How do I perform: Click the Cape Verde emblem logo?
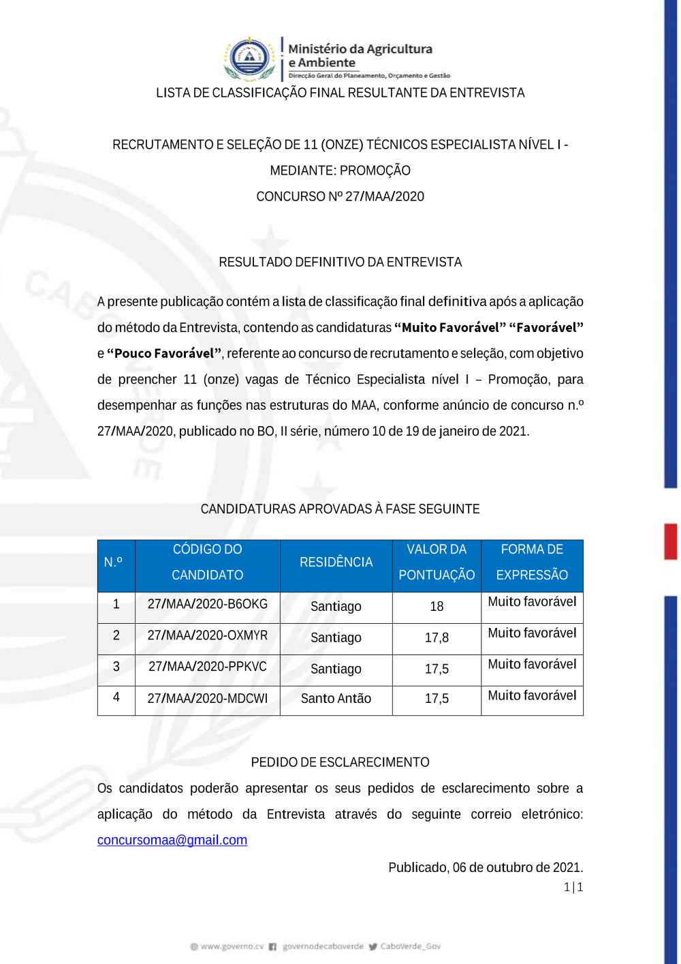click(249, 58)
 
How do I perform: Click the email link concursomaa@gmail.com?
click(172, 840)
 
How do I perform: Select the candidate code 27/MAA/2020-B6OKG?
click(208, 604)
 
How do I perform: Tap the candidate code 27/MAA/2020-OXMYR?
click(208, 635)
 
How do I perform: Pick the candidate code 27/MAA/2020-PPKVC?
click(208, 667)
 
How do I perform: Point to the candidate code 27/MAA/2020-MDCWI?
click(208, 698)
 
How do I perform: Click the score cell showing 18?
click(437, 606)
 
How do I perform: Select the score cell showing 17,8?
click(437, 637)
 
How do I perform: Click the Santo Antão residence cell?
click(336, 698)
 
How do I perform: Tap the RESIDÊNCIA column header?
click(336, 562)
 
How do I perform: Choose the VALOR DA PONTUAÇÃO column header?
click(437, 562)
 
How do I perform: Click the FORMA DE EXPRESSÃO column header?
click(532, 562)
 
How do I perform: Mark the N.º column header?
click(113, 562)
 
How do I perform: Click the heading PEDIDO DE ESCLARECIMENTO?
click(340, 762)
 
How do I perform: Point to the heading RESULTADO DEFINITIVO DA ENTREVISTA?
click(340, 262)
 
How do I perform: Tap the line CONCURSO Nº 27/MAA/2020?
click(340, 197)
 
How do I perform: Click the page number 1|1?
click(573, 887)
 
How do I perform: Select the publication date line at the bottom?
click(486, 868)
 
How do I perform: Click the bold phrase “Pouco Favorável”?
click(164, 354)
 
